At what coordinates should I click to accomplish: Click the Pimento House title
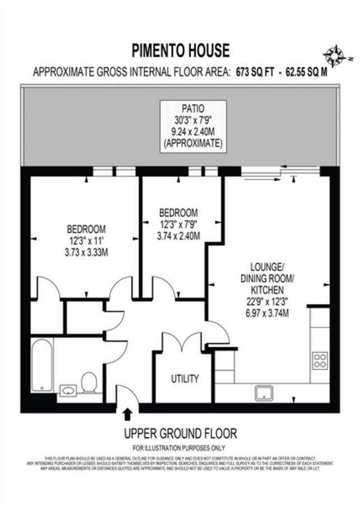180,51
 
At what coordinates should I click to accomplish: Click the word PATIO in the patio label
193,108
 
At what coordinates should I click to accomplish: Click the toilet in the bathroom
88,382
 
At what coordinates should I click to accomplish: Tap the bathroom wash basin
67,389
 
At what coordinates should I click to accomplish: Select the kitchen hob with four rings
320,360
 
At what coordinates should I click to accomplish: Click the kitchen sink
263,393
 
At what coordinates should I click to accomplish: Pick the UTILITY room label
185,379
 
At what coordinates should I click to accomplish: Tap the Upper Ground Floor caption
180,433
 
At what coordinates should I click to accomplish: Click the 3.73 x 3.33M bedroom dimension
86,252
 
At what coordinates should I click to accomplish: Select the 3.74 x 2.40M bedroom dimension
178,236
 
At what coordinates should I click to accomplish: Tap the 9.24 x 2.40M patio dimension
193,134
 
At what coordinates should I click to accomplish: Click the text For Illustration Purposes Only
179,448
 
